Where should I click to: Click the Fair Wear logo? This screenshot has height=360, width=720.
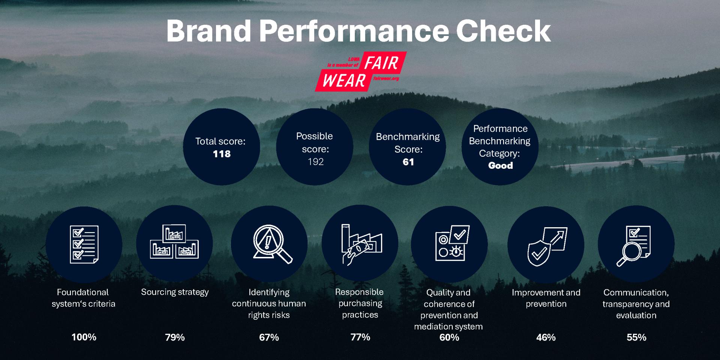click(x=361, y=71)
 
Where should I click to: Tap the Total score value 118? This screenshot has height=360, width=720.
click(x=222, y=154)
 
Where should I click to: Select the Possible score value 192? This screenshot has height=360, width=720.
click(x=315, y=162)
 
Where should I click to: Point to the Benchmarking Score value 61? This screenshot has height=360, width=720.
click(x=408, y=162)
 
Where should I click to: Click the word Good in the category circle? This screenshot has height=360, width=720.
click(x=500, y=165)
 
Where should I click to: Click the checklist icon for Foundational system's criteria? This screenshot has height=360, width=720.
click(x=84, y=244)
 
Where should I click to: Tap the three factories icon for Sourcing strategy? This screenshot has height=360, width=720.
click(x=174, y=242)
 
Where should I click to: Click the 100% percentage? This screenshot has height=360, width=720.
click(x=84, y=337)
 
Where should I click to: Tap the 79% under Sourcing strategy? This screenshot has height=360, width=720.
click(x=175, y=337)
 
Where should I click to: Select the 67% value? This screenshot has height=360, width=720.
click(x=269, y=337)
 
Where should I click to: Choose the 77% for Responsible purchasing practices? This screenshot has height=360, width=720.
click(x=360, y=337)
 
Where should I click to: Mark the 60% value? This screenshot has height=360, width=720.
click(x=449, y=337)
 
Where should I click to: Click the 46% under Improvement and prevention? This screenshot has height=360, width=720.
click(x=546, y=337)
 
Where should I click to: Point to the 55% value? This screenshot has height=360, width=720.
click(x=636, y=337)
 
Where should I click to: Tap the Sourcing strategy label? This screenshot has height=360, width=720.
click(x=175, y=292)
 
